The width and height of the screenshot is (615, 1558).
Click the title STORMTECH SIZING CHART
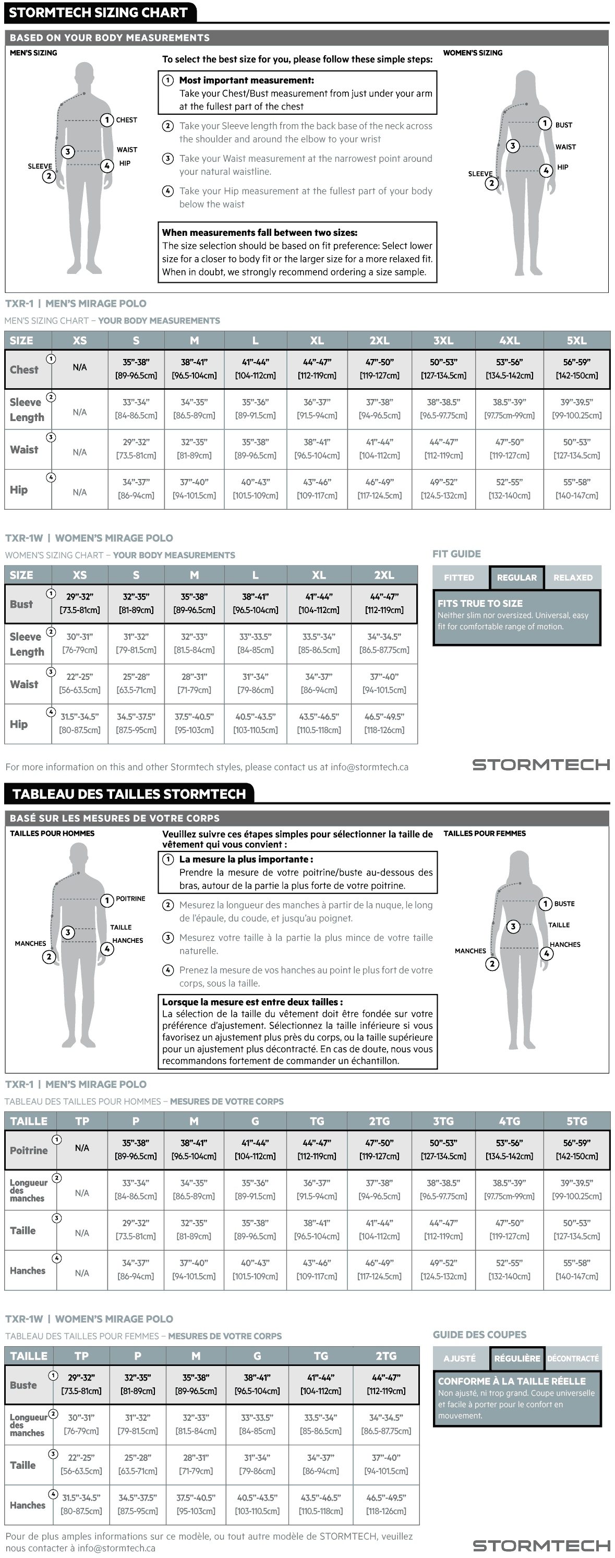[98, 12]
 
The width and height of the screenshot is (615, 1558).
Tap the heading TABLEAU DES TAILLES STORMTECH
[129, 794]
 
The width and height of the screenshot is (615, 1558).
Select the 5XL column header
[576, 341]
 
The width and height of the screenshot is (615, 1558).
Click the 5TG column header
[576, 1121]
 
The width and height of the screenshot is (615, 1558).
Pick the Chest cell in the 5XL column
[576, 369]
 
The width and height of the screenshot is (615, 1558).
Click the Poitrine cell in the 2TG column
[379, 1149]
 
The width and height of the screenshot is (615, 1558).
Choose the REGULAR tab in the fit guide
[516, 578]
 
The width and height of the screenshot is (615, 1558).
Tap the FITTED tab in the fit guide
[459, 578]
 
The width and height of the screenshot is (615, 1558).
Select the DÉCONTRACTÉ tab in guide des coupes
[573, 1358]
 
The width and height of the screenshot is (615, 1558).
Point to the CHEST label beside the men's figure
[126, 120]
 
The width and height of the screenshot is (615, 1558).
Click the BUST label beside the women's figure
[563, 125]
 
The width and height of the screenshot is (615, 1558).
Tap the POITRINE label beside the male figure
[130, 899]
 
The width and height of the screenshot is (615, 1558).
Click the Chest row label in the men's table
[24, 369]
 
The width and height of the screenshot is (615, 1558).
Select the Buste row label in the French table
[23, 1385]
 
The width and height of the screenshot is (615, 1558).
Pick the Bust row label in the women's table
[21, 604]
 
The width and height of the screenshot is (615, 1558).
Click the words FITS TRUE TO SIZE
[480, 603]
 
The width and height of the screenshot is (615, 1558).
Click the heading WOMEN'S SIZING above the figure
[473, 53]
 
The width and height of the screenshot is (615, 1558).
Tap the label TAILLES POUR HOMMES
[52, 833]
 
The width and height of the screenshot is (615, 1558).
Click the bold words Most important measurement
[246, 80]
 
